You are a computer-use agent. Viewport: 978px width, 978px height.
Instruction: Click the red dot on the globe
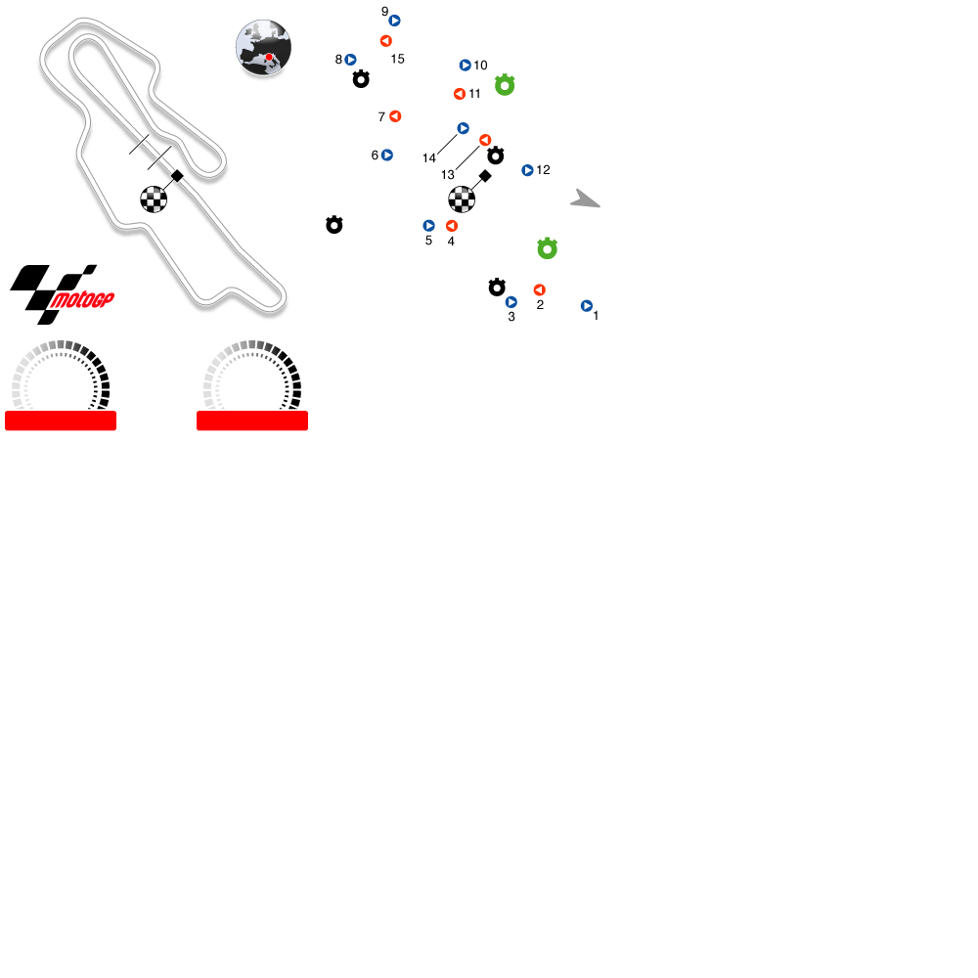pos(269,57)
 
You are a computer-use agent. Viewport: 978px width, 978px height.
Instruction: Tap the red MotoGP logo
pos(82,300)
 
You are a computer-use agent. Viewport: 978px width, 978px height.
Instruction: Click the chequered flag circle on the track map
pos(154,200)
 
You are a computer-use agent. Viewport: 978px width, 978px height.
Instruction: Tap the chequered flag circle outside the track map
pos(462,200)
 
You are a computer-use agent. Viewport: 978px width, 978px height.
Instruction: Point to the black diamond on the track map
pos(177,175)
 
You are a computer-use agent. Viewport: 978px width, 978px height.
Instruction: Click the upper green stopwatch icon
pos(505,85)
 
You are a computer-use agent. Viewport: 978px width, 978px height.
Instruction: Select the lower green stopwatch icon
pos(547,249)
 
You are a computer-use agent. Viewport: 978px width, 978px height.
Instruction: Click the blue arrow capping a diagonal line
pos(463,128)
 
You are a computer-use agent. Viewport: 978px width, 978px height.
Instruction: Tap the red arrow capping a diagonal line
pos(484,140)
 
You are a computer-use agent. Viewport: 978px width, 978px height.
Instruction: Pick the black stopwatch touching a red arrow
pos(496,156)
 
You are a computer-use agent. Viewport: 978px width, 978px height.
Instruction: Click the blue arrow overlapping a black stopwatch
pos(511,302)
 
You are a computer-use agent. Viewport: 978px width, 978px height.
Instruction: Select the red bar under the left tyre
pos(61,421)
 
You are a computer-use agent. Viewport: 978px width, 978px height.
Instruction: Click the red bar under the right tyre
pos(252,421)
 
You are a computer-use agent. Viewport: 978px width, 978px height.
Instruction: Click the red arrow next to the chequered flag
pos(452,226)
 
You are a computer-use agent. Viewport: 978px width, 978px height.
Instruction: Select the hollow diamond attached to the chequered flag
pos(485,175)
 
